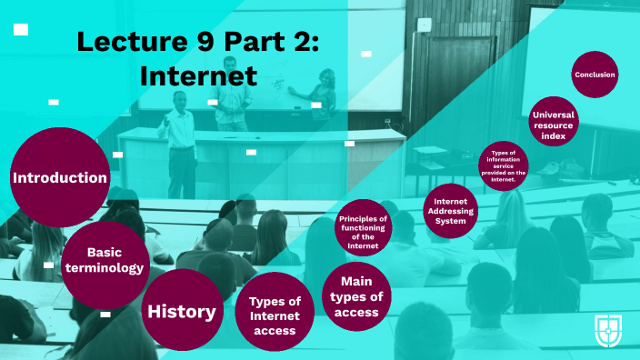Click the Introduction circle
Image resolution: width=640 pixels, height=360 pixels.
[60, 178]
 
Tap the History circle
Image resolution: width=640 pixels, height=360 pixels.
[183, 311]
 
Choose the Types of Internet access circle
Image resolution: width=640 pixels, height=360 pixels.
[275, 313]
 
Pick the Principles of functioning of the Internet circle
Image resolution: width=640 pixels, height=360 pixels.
[363, 228]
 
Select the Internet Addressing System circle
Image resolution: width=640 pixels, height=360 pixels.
[451, 210]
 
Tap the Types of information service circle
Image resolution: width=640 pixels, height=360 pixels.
[504, 166]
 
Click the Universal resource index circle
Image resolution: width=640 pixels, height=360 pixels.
[555, 122]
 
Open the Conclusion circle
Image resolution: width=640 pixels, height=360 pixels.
[595, 75]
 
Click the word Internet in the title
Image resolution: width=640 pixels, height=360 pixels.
[198, 76]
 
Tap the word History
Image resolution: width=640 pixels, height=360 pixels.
[183, 312]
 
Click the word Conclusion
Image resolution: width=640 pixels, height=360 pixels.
[595, 75]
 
